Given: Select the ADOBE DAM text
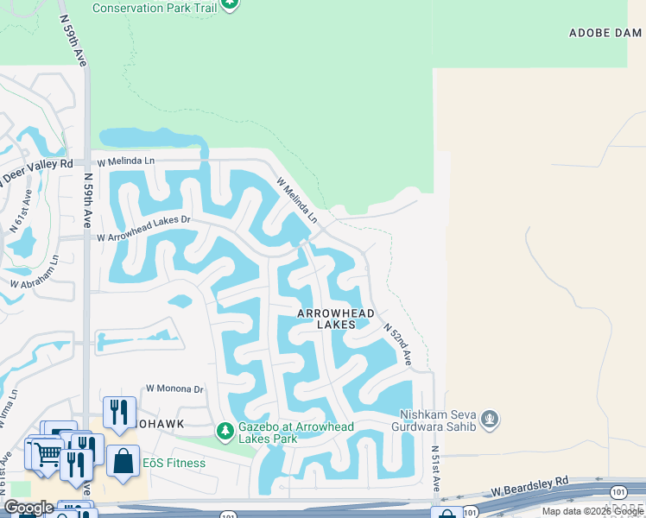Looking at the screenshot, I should click(x=605, y=33).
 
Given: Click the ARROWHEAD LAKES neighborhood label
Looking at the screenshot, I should click(x=336, y=318).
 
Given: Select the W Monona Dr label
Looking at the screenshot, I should click(x=174, y=389).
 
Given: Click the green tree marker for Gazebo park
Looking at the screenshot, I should click(x=225, y=429).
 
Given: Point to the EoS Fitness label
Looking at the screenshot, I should click(x=174, y=463).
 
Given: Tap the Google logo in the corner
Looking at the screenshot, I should click(x=28, y=508).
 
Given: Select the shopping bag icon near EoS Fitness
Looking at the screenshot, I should click(x=123, y=459).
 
